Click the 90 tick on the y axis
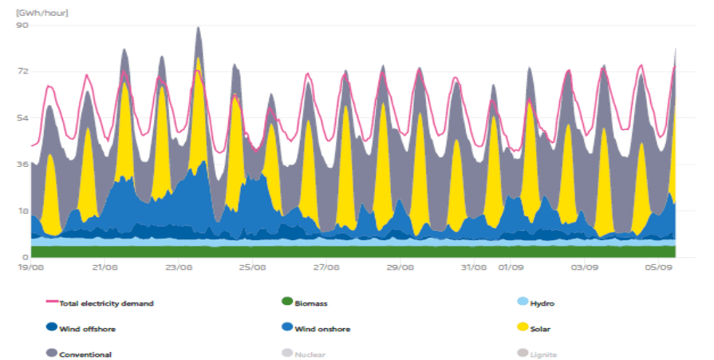coord(22,25)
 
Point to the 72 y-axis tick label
coord(22,71)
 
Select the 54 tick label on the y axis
coord(22,118)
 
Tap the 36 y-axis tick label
coord(22,164)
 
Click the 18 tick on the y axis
coord(22,211)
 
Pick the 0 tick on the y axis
coord(26,257)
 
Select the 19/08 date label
coord(31,268)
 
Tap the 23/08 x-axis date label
coord(178,268)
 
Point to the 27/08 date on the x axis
coord(325,268)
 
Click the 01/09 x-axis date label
coord(511,268)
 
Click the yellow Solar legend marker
coord(523,327)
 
